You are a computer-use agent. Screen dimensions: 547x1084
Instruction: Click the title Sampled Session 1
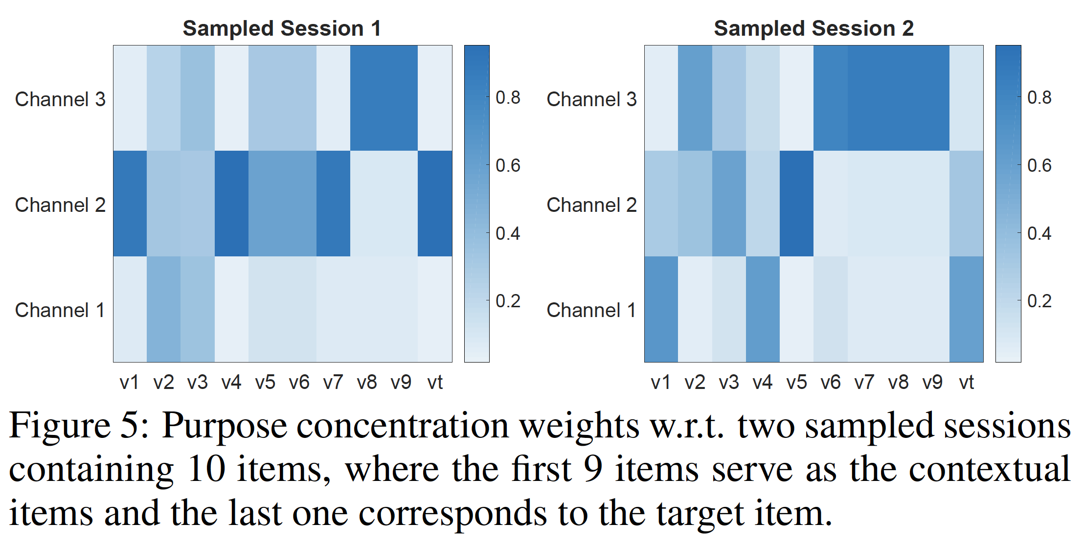(x=282, y=28)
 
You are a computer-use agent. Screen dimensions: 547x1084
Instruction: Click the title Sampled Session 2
(x=813, y=28)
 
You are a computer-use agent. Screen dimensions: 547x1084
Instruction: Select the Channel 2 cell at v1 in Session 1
(x=130, y=204)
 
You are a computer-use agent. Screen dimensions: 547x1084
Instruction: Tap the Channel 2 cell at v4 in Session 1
(x=231, y=204)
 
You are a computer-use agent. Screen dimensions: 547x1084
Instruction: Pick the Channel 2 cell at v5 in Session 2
(x=796, y=204)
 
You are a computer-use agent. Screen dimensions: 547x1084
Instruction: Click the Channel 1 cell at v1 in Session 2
(x=661, y=309)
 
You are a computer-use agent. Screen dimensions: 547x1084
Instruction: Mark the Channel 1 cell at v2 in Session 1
(x=164, y=309)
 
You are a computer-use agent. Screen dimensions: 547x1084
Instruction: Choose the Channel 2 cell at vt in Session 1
(x=435, y=204)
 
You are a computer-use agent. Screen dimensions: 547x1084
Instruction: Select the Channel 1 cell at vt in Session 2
(x=966, y=309)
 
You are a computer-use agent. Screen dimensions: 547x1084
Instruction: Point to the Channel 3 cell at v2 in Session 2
(x=695, y=98)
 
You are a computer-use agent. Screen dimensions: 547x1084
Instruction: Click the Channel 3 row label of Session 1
(x=60, y=99)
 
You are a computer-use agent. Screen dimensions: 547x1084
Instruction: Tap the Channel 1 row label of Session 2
(x=591, y=310)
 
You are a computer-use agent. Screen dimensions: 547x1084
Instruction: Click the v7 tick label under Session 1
(x=333, y=382)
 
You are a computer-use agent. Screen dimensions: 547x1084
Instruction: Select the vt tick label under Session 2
(x=966, y=382)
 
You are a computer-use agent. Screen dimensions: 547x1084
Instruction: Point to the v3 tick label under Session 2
(x=729, y=382)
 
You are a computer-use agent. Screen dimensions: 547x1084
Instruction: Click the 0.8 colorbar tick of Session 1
(x=508, y=97)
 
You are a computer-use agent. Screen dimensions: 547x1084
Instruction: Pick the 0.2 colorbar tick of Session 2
(x=1039, y=301)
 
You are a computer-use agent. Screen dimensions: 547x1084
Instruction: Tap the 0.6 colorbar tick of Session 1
(x=508, y=165)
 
